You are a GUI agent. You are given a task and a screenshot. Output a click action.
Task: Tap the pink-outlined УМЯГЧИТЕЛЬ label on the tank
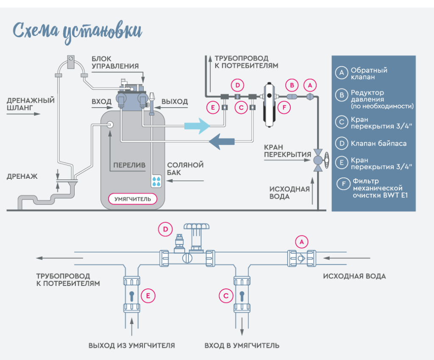pos(133,199)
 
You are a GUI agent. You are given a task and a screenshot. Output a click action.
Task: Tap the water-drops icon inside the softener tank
pos(157,181)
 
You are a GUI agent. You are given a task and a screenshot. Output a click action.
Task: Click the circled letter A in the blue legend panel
pos(342,73)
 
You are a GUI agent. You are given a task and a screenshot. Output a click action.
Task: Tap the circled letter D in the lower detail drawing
pos(165,230)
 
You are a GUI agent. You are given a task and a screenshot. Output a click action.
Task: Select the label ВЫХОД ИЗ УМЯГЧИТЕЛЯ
pos(131,346)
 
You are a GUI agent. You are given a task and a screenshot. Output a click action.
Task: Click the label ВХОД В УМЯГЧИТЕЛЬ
pos(242,346)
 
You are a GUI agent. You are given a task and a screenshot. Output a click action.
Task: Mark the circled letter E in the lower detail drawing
pos(148,296)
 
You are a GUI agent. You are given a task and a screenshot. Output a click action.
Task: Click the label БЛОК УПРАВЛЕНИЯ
pos(115,62)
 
